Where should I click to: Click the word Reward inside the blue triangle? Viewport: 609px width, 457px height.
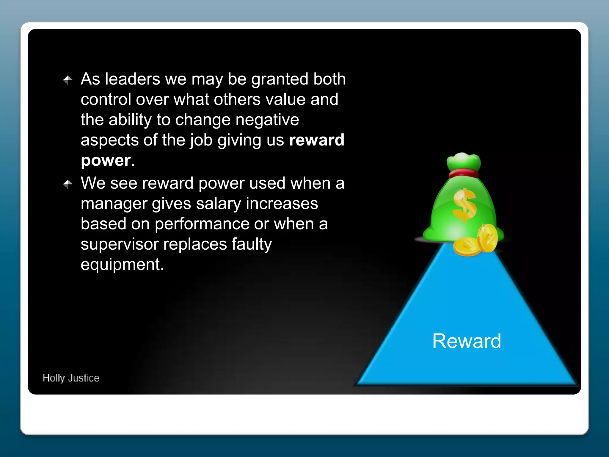pyautogui.click(x=466, y=341)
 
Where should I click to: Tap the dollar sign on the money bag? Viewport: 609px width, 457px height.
pyautogui.click(x=464, y=205)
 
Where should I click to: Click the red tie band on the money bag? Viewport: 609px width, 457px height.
pyautogui.click(x=464, y=173)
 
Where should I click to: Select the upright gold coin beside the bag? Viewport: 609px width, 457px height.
pyautogui.click(x=488, y=238)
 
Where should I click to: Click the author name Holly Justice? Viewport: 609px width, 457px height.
pyautogui.click(x=71, y=378)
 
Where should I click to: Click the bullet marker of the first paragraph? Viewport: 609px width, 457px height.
pyautogui.click(x=68, y=80)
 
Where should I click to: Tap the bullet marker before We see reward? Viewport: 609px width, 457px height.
pyautogui.click(x=68, y=184)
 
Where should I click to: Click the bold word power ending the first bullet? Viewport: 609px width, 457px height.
pyautogui.click(x=106, y=161)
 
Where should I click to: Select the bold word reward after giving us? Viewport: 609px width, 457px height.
pyautogui.click(x=316, y=140)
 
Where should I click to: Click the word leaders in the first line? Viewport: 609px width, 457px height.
pyautogui.click(x=133, y=79)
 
